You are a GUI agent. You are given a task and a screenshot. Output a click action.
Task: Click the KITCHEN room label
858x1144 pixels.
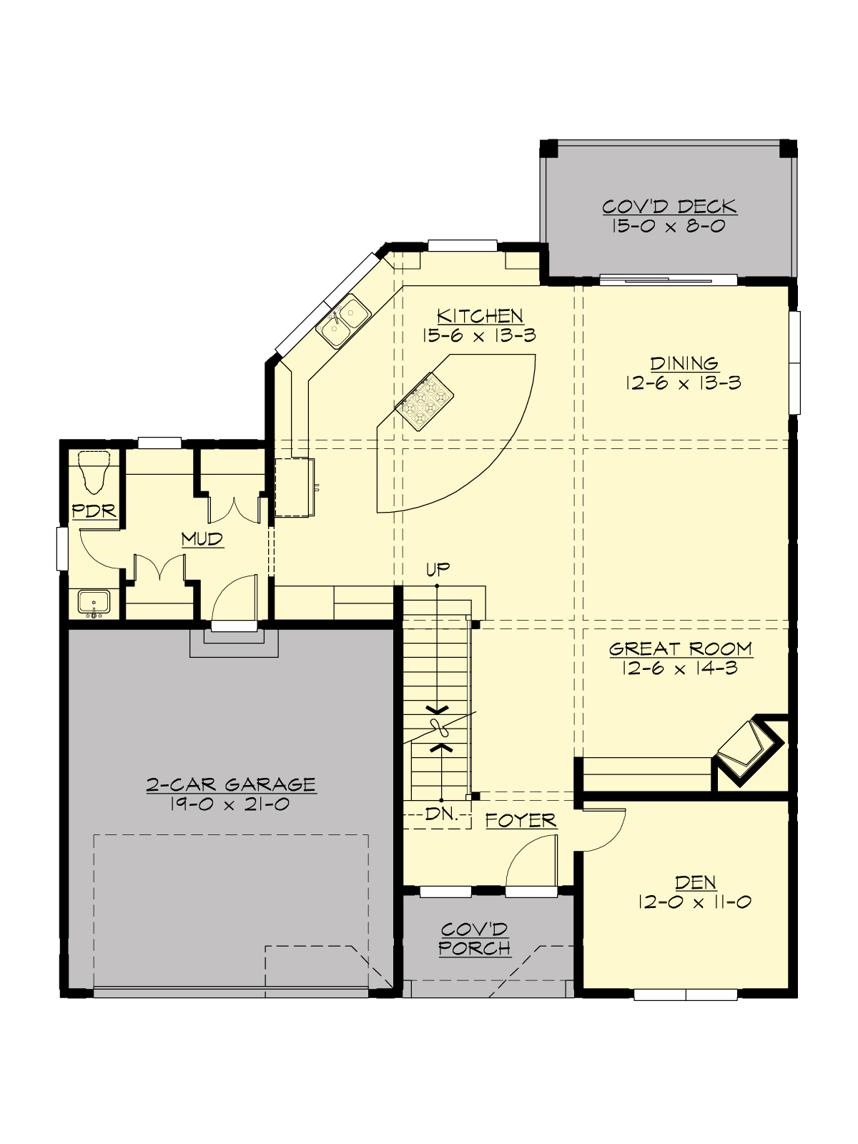tap(480, 316)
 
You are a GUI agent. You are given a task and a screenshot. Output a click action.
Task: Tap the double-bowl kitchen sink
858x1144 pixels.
tap(343, 321)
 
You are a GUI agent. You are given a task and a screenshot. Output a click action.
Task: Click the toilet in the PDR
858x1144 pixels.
tap(94, 471)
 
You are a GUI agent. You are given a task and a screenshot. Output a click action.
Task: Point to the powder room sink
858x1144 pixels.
tap(94, 603)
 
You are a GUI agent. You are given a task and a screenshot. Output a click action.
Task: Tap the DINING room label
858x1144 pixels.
tap(684, 363)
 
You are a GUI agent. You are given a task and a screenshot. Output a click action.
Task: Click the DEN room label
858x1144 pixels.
tap(695, 882)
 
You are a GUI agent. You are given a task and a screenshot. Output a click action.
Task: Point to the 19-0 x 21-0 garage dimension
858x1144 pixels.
tap(230, 804)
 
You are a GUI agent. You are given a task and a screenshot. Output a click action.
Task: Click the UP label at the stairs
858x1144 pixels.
tap(438, 569)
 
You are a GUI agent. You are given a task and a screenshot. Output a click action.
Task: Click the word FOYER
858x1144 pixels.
tap(521, 820)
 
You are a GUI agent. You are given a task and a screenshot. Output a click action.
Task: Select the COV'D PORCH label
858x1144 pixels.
tap(475, 939)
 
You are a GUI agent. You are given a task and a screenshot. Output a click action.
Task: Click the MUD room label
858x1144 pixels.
tap(202, 539)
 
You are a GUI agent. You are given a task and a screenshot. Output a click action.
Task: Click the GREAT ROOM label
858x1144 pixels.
tap(680, 649)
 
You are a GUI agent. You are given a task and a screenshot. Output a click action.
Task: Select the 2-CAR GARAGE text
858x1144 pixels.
tap(230, 784)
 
